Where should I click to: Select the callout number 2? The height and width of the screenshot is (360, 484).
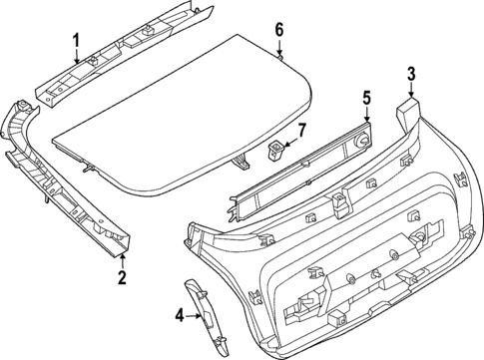coord(122,278)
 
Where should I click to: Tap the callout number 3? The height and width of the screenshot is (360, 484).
coord(410,72)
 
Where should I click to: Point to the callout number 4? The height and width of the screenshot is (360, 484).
coord(180,316)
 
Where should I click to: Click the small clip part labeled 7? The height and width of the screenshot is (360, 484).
coord(274,151)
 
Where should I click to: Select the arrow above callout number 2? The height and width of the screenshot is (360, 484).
coord(122,260)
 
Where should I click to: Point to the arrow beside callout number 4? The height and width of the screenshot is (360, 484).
coord(194,316)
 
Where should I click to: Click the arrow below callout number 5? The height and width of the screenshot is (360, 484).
coord(366,116)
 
